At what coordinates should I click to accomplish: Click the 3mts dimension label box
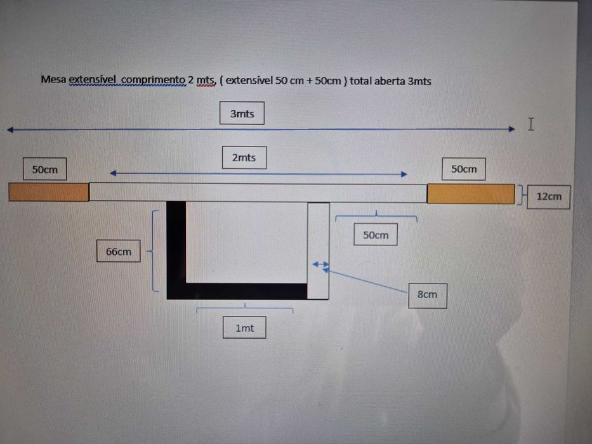click(x=242, y=113)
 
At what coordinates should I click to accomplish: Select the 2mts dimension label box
click(x=244, y=157)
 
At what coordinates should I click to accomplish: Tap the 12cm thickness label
click(x=549, y=197)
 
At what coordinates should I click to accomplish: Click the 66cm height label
click(x=119, y=251)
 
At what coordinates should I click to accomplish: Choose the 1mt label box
click(x=244, y=327)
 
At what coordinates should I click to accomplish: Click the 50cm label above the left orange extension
click(x=44, y=169)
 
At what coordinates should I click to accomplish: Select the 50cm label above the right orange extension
click(x=464, y=169)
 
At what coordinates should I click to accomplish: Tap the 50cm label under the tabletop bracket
click(x=376, y=235)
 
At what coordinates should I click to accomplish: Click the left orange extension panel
click(x=49, y=192)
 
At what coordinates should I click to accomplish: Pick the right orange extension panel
click(x=471, y=193)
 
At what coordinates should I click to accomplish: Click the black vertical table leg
click(x=176, y=250)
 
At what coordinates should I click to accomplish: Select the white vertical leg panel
click(x=319, y=251)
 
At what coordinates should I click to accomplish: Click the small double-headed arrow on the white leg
click(x=321, y=264)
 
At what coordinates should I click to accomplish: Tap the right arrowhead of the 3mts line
click(x=512, y=129)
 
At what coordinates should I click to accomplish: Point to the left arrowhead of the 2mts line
click(x=113, y=173)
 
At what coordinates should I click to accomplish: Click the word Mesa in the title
click(x=53, y=79)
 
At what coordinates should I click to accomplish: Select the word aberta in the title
click(x=390, y=81)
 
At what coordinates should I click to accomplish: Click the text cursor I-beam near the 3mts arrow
click(x=531, y=124)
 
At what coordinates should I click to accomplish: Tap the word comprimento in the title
click(x=154, y=80)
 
